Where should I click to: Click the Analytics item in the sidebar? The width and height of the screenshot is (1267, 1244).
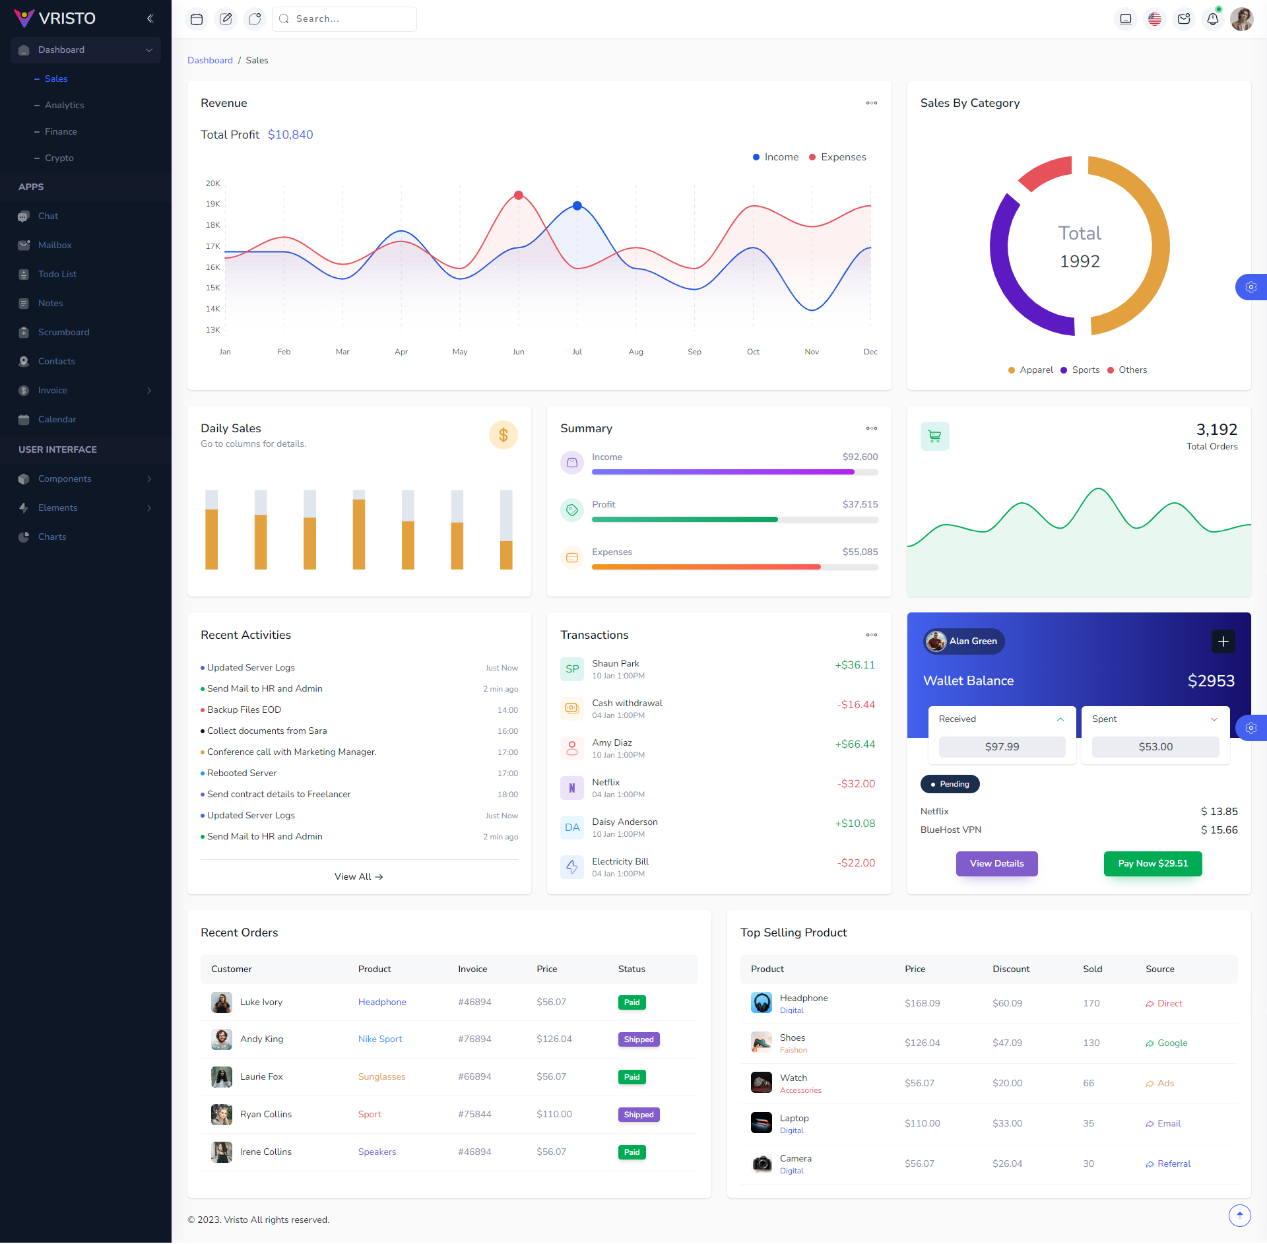(64, 105)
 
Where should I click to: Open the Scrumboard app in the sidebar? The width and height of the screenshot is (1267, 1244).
(63, 332)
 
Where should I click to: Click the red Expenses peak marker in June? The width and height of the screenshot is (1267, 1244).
(519, 195)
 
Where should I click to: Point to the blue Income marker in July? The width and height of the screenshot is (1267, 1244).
(577, 206)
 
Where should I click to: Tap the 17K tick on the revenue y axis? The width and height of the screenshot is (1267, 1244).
(212, 246)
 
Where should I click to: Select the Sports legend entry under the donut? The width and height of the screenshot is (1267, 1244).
(1085, 370)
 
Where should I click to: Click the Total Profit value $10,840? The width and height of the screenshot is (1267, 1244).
(290, 135)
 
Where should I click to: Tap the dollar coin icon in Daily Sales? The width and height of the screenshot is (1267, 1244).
(503, 435)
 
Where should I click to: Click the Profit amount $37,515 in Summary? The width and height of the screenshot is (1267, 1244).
(860, 504)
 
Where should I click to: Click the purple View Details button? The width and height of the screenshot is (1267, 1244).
(996, 863)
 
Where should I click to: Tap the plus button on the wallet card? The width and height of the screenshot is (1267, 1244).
(1223, 641)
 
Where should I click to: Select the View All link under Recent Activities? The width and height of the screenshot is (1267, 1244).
(358, 876)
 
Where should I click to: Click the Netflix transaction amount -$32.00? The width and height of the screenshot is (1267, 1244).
(856, 783)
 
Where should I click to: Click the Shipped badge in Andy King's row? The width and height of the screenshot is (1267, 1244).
(638, 1039)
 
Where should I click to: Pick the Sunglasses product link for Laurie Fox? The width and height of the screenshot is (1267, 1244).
(381, 1076)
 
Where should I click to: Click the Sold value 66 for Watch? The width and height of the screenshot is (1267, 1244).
(1088, 1083)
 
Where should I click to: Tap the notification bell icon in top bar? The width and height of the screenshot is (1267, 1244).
(1212, 19)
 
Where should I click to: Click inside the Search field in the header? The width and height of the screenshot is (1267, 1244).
(350, 19)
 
